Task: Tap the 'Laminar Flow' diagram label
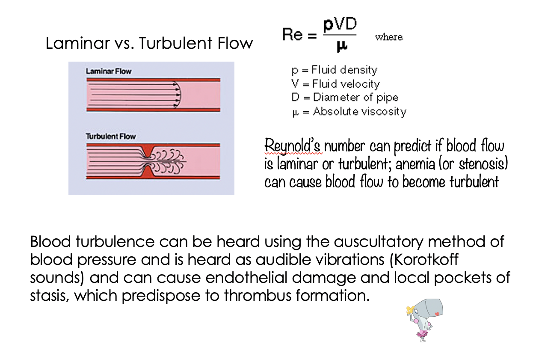coord(108,71)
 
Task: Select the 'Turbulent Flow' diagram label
coord(110,137)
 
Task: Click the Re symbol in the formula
coord(293,35)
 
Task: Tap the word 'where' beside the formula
coord(389,37)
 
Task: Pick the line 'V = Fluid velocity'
coord(335,84)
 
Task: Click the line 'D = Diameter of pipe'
coord(345,98)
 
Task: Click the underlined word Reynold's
coord(293,146)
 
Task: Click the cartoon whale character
coord(425,318)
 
